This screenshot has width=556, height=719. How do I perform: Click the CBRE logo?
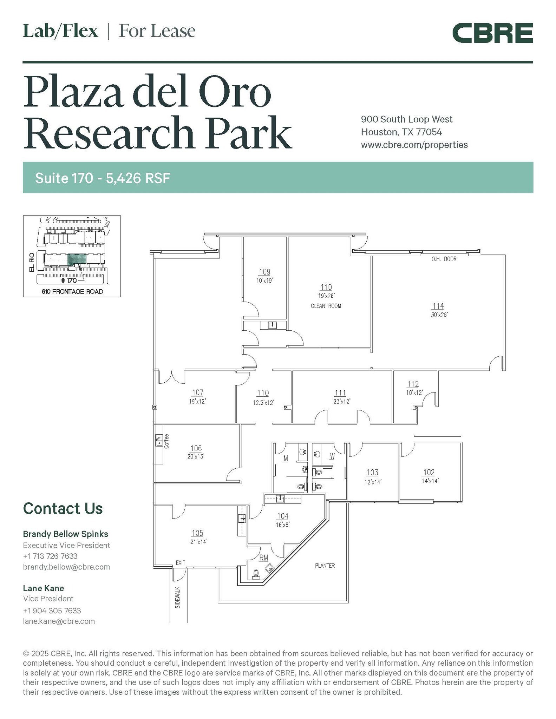pos(492,33)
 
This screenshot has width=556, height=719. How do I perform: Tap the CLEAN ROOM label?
pos(326,306)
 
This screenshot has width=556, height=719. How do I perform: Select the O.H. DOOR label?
pos(444,259)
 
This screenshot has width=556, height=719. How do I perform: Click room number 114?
pos(438,306)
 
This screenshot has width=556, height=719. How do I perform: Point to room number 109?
pos(264,272)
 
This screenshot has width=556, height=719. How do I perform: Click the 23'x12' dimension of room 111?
pos(342,401)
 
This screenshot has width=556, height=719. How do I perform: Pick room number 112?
pos(413,384)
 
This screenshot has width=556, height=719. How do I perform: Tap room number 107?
pos(197,393)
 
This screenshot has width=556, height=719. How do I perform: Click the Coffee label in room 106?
pos(166,441)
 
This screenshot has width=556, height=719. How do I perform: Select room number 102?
pos(429,472)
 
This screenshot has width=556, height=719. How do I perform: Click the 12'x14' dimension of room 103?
pos(373,482)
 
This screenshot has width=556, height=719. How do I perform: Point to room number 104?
pos(283,516)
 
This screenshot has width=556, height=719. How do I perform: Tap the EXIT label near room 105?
pos(180,563)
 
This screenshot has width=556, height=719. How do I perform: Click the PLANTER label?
pos(325,566)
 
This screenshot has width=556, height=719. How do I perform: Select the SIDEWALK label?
pos(178,598)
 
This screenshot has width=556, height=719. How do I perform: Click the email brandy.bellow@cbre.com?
pos(66,567)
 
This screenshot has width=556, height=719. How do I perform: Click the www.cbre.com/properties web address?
pos(414,145)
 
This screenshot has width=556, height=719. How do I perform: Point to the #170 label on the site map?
pos(69,281)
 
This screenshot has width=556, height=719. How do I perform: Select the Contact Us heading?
pos(63,508)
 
